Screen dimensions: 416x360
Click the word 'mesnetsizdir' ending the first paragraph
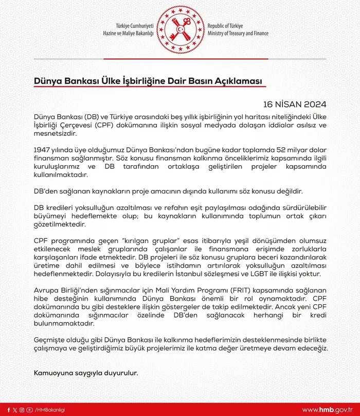(54, 133)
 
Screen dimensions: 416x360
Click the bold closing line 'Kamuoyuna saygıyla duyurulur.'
(86, 372)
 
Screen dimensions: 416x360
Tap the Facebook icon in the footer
(9, 409)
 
